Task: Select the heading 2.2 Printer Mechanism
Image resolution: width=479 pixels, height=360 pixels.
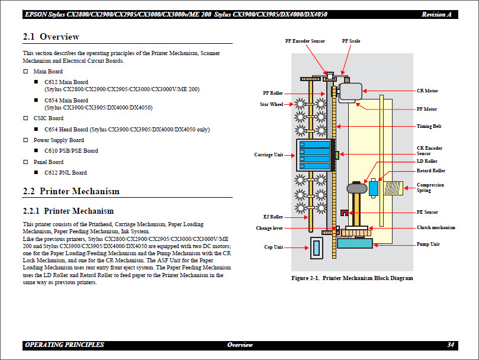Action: [71, 191]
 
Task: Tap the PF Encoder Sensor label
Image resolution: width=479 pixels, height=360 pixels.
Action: [305, 41]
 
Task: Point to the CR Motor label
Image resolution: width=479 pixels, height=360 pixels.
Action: [427, 91]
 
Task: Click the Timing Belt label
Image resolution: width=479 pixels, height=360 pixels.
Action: [429, 126]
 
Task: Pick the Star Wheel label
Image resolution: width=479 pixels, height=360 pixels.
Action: [272, 105]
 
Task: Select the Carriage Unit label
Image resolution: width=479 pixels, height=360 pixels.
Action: [268, 155]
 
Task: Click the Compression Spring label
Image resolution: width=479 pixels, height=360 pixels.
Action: [430, 188]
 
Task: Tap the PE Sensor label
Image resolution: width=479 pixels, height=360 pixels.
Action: [427, 212]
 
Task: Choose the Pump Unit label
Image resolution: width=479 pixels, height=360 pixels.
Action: [427, 244]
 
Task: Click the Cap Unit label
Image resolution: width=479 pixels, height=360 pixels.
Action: [273, 247]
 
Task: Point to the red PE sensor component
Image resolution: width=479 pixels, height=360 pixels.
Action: [343, 213]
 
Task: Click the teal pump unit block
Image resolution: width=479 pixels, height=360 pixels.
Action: [354, 243]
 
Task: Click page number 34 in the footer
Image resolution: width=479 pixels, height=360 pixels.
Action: [451, 345]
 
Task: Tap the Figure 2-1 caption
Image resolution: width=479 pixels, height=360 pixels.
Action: [352, 278]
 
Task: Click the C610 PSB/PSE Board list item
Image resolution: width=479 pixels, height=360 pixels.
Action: [71, 151]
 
